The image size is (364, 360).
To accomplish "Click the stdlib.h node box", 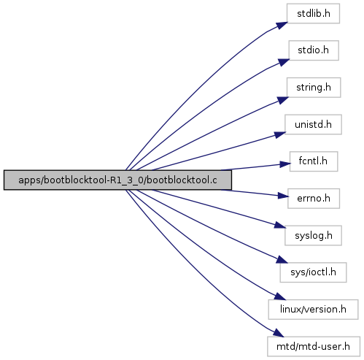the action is click(313, 13).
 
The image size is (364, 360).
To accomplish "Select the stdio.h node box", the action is click(314, 50).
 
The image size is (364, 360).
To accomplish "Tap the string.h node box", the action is click(314, 88).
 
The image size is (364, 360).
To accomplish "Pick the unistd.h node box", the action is click(313, 125).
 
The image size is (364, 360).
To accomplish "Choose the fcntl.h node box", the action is click(314, 161).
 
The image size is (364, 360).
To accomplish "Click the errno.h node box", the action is click(314, 199).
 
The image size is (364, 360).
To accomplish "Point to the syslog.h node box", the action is click(313, 235).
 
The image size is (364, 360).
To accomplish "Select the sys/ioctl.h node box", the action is click(313, 272).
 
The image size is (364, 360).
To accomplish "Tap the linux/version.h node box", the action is click(313, 310).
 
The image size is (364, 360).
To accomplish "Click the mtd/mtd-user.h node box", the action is click(314, 346).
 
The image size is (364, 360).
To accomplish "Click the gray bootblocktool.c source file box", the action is click(117, 180).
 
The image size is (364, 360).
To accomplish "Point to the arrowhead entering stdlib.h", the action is click(282, 26).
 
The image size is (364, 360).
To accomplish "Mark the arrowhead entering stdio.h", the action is click(284, 62).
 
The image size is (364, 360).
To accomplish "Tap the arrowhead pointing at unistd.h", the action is click(280, 134).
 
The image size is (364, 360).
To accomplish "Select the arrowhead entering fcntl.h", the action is click(285, 164).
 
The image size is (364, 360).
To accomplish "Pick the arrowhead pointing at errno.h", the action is click(283, 196).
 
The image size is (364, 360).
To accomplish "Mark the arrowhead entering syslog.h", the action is click(280, 226).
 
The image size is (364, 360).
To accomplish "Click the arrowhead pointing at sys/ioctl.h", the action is click(282, 260).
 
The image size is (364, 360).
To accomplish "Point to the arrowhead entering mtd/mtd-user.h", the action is click(278, 333).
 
